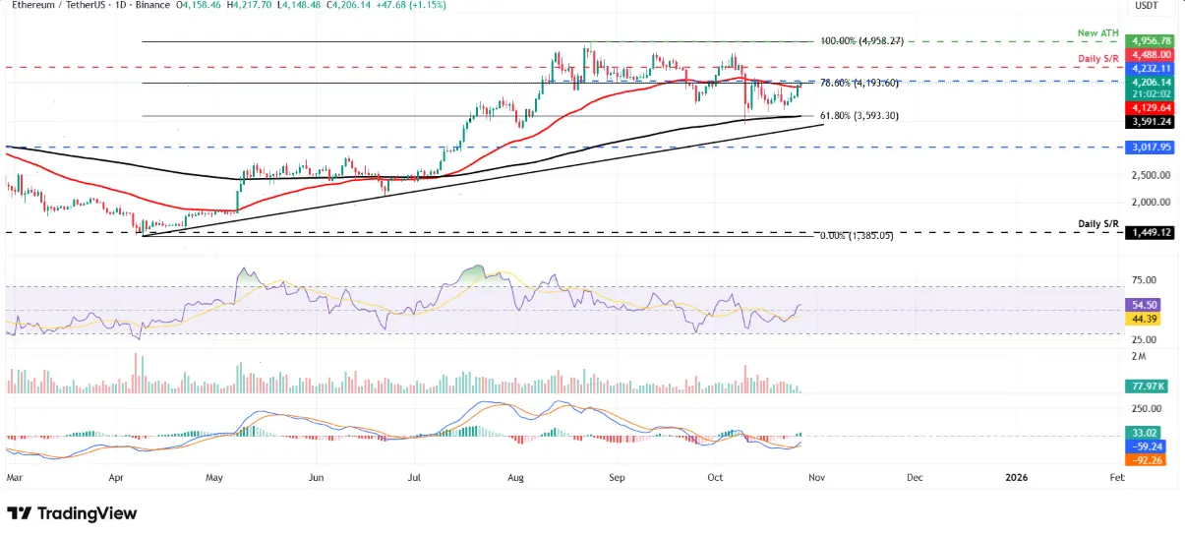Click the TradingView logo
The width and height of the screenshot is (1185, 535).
pos(72,513)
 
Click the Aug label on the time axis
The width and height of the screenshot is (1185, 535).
pos(516,477)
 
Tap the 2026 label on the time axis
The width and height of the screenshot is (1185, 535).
pos(1017,477)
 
